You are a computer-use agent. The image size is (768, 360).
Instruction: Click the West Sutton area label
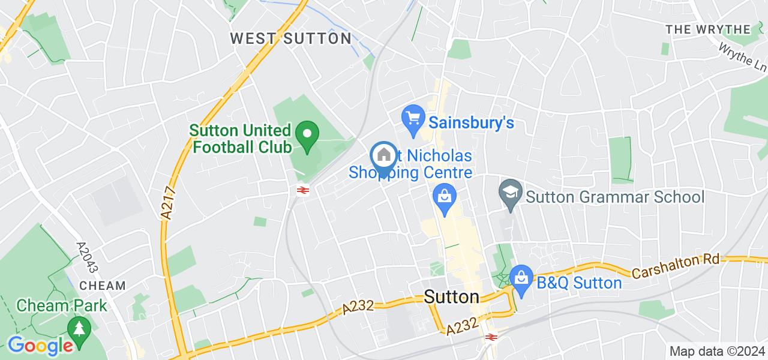[291, 38]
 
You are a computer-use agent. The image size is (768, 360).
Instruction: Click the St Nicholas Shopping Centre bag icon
[445, 197]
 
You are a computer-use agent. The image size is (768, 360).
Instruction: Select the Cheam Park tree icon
[79, 328]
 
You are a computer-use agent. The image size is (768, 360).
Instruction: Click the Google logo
[40, 346]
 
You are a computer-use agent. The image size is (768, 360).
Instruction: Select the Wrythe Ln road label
[742, 58]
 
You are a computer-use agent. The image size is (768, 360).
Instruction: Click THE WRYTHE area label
[708, 29]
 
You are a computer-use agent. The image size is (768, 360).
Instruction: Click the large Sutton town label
[452, 297]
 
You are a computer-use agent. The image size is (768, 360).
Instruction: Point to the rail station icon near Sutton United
[302, 191]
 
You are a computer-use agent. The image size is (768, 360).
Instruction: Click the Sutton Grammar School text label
[614, 197]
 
